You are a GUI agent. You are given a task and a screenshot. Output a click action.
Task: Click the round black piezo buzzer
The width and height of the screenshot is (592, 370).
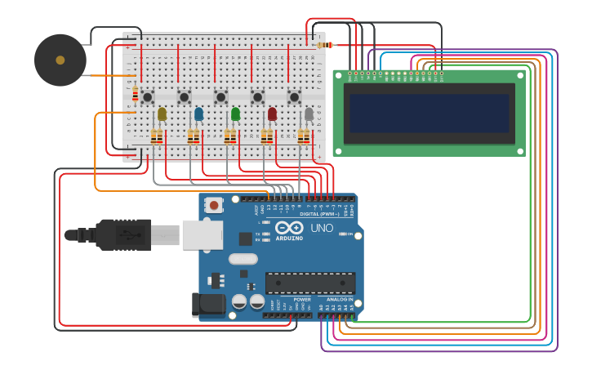coord(60,60)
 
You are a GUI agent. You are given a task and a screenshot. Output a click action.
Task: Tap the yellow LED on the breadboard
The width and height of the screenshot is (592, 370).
coord(162,114)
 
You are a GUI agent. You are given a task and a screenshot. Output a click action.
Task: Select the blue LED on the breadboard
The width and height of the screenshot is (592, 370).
coord(198,114)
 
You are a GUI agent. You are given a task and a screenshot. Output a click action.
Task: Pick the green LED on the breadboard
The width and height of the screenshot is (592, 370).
coord(235,114)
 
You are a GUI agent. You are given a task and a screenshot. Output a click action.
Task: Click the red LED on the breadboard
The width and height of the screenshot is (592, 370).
coord(272,114)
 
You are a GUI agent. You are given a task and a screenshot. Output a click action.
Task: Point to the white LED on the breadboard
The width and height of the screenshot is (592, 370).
coord(309,114)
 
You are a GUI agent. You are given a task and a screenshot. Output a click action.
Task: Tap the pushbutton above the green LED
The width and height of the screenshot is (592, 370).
coord(220,96)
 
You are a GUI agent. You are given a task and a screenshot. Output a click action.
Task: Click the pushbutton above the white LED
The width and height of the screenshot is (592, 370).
coord(294,96)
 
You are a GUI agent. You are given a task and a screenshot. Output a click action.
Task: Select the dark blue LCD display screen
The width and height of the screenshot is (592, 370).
coord(429,113)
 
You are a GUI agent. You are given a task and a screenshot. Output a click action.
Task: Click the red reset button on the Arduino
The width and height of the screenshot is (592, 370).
coord(213,204)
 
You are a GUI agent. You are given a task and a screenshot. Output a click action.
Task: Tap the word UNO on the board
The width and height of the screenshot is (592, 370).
coord(322,228)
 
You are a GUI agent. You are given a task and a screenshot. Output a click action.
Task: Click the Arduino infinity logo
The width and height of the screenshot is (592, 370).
coord(289,228)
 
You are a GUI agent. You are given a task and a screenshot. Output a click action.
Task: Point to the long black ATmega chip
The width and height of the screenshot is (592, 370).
coord(309,283)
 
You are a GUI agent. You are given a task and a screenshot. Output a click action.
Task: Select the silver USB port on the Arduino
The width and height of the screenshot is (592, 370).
coord(202,234)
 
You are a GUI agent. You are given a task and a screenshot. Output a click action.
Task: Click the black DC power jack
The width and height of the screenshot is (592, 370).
coord(208,304)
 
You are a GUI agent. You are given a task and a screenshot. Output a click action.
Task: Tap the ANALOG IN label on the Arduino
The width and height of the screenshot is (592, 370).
coord(340,300)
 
